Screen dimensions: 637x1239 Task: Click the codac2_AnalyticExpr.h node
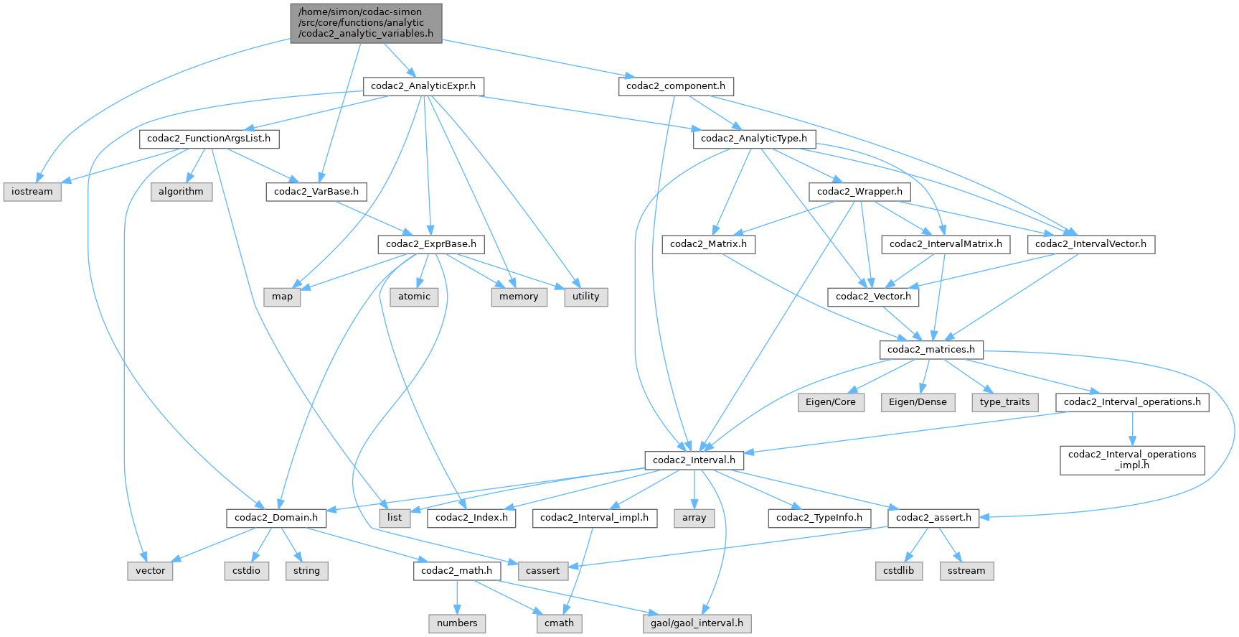tap(423, 86)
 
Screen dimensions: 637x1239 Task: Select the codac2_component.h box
tap(675, 86)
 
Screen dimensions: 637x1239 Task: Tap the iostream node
tap(32, 192)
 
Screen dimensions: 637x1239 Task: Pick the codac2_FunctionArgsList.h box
tap(209, 139)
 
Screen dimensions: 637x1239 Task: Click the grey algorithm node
tap(181, 192)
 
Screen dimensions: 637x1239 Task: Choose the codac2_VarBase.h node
tap(316, 192)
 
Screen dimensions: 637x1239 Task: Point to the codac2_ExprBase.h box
tap(431, 244)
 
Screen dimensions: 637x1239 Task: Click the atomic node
tap(414, 297)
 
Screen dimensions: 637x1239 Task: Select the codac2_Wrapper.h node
tap(859, 192)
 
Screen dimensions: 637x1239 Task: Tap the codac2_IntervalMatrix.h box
tap(946, 244)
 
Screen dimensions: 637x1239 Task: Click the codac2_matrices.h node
tap(931, 350)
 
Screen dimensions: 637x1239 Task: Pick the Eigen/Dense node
tap(918, 402)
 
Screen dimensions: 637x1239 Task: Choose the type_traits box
tap(1004, 402)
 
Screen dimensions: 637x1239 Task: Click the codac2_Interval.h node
tap(694, 460)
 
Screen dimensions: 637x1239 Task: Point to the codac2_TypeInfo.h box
tap(819, 518)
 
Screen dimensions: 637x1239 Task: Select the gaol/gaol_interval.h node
tap(697, 623)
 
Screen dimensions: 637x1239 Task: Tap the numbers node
tap(457, 623)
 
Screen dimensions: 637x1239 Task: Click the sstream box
tap(966, 571)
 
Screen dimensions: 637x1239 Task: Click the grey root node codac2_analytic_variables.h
tap(366, 23)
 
